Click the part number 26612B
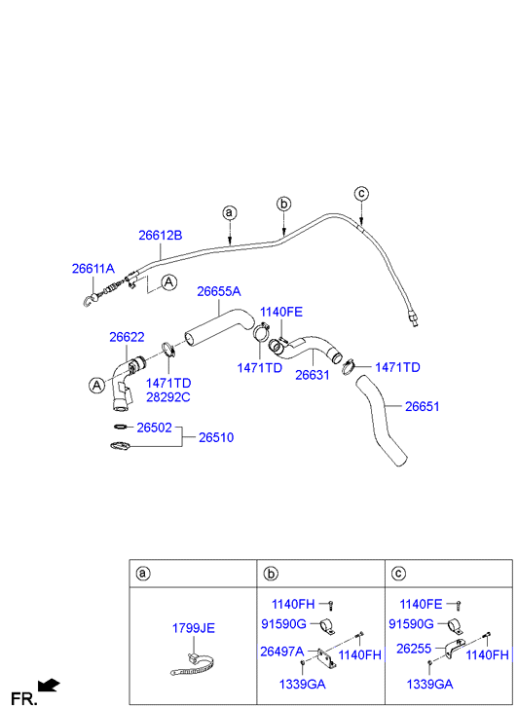[x=161, y=236]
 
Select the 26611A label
[x=93, y=269]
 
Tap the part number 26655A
[x=218, y=292]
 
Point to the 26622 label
[x=127, y=337]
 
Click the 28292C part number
[x=168, y=397]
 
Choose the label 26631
[x=313, y=375]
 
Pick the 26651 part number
[x=422, y=406]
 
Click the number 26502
[x=155, y=428]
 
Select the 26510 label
[x=216, y=437]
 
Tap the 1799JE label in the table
[x=194, y=628]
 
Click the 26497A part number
[x=281, y=652]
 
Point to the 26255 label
[x=414, y=649]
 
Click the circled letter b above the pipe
[x=283, y=205]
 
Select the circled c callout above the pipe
[x=361, y=194]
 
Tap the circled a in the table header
[x=143, y=574]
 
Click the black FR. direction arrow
[x=49, y=685]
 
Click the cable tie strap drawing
[x=193, y=664]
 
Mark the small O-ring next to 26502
[x=121, y=427]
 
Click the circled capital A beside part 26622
[x=96, y=385]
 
